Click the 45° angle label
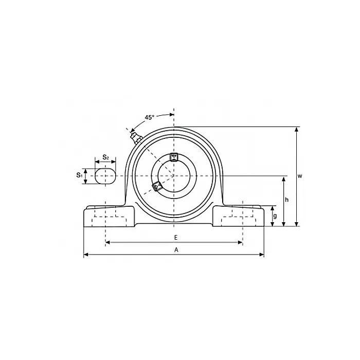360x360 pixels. [x=149, y=117]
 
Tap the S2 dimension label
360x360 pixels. [x=105, y=156]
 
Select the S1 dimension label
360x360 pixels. [x=80, y=175]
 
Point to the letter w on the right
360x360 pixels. [x=300, y=176]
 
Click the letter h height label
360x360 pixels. [x=287, y=200]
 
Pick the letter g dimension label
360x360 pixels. [x=275, y=216]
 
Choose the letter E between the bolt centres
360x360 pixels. [x=175, y=237]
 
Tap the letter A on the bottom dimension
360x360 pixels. [x=176, y=249]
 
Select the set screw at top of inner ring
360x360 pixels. [x=174, y=157]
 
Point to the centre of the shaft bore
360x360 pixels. [x=174, y=175]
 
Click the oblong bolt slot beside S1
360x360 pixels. [x=105, y=175]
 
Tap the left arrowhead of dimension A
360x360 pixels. [x=86, y=254]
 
